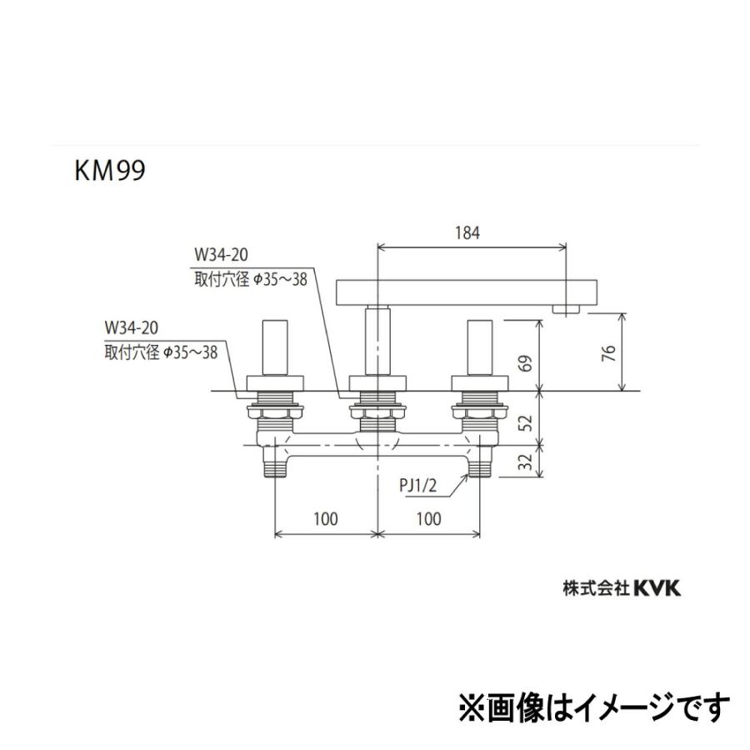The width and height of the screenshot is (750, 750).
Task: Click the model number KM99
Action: click(x=108, y=171)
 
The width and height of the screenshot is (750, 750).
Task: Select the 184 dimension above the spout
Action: click(x=471, y=234)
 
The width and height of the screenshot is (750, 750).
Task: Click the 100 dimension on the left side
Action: click(x=326, y=519)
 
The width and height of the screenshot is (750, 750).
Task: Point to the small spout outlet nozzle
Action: click(x=567, y=310)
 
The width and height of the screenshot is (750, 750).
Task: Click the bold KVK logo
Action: click(x=658, y=588)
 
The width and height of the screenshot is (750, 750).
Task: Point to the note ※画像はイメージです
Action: click(x=594, y=707)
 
